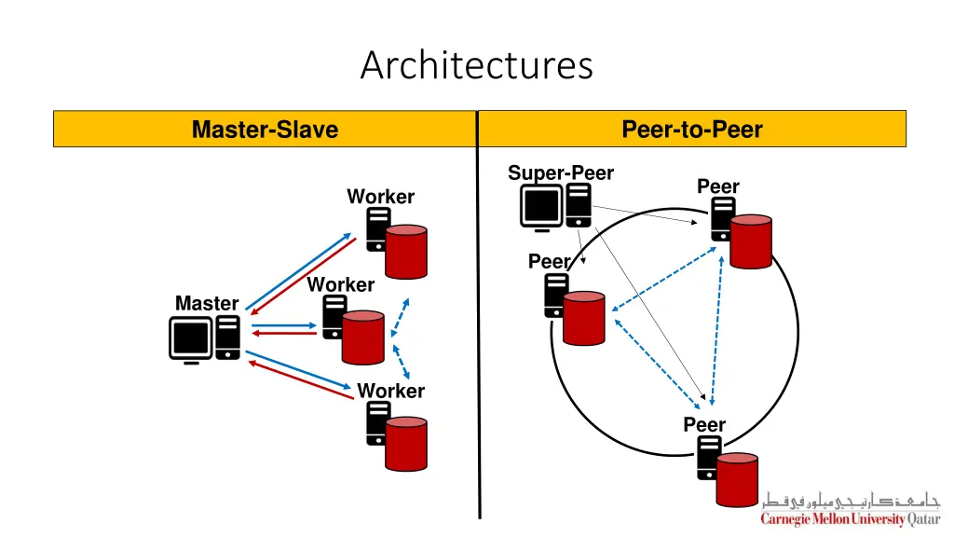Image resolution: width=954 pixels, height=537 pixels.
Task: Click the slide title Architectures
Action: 476,66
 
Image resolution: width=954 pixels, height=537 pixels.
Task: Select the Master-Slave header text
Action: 265,130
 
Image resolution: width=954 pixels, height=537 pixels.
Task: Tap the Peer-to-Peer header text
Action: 691,130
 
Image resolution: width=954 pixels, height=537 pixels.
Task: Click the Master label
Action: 207,303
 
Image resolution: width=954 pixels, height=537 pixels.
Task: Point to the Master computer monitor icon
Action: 190,338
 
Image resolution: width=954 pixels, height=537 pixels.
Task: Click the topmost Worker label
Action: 380,197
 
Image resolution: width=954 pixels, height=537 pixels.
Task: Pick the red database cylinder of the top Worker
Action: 406,251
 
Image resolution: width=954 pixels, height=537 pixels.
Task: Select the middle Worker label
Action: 340,284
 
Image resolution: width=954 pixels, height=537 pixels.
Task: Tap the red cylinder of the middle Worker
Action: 362,337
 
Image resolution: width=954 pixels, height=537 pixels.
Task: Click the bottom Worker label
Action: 390,391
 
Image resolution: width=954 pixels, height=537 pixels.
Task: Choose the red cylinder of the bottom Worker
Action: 406,444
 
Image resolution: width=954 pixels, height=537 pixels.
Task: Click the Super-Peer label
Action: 560,173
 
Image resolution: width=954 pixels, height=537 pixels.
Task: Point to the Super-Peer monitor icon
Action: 541,207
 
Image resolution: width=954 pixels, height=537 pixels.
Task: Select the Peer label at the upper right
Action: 717,186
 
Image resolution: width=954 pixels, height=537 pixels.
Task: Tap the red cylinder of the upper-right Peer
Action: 751,241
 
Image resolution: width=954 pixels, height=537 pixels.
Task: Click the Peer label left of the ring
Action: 548,262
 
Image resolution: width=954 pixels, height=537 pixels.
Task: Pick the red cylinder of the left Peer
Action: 584,317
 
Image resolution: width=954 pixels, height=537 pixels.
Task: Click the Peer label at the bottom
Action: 703,425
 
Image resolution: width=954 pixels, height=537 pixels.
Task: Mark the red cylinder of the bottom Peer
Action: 737,478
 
